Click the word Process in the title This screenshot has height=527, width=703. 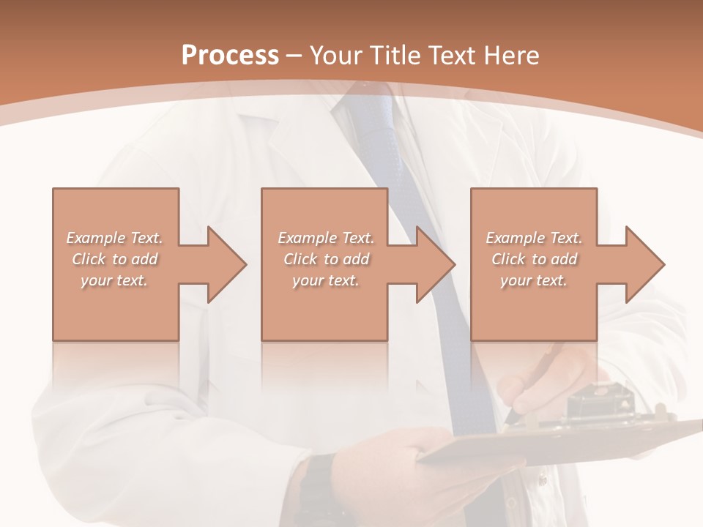coord(230,56)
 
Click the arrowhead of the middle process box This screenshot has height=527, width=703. coord(435,264)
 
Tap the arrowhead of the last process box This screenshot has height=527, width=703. coord(644,264)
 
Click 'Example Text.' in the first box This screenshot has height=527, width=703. coord(115,238)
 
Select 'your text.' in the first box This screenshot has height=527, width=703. coord(115,280)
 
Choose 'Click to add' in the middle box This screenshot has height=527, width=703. coord(326,259)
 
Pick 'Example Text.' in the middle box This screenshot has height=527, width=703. coord(326,238)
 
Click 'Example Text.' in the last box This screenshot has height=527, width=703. coord(534,238)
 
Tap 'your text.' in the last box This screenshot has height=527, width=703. coord(534,280)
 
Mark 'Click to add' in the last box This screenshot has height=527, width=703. coord(534,259)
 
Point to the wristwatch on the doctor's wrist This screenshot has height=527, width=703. coord(316,483)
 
